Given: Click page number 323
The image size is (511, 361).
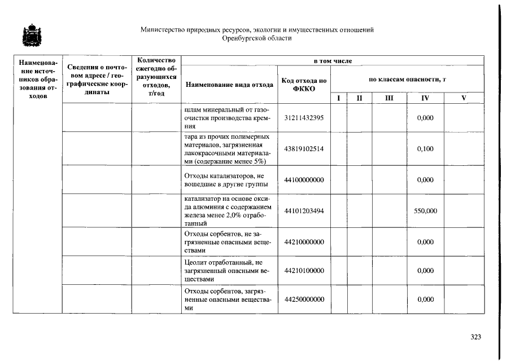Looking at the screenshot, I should [x=475, y=337].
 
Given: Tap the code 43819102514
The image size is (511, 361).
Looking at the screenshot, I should [x=304, y=148].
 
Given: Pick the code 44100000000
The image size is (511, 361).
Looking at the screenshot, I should [x=304, y=180].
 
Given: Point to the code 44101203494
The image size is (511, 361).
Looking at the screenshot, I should [x=304, y=211].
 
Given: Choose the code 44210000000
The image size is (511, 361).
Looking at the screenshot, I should [x=304, y=242].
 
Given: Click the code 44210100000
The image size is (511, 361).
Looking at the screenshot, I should [x=304, y=271].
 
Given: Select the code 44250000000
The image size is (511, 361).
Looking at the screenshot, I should [x=304, y=300].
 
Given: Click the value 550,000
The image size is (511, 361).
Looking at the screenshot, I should [x=425, y=211].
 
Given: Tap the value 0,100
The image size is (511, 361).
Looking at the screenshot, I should [x=425, y=148].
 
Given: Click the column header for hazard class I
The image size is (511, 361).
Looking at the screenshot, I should [x=338, y=98].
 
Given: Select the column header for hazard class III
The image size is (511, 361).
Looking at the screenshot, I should [x=388, y=98].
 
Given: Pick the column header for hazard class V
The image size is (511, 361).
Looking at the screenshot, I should [x=464, y=98].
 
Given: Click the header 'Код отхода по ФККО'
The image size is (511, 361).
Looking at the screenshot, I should [x=304, y=85].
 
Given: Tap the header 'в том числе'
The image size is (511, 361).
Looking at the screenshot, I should [x=333, y=60].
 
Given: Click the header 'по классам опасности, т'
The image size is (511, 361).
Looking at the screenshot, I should [x=407, y=80].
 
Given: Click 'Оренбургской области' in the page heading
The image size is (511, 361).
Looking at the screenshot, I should [x=257, y=38].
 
